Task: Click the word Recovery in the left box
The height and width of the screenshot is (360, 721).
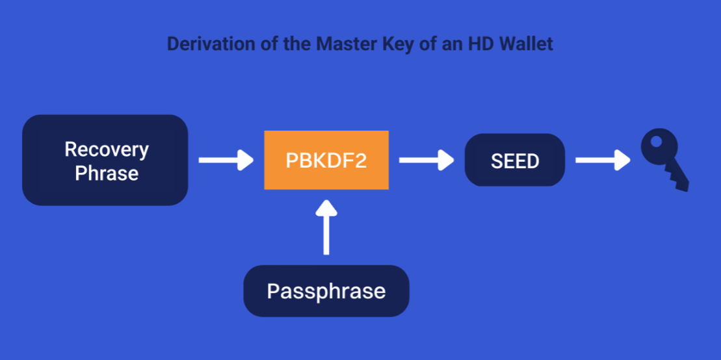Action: (x=107, y=150)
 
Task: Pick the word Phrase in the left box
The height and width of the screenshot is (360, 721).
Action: (x=107, y=174)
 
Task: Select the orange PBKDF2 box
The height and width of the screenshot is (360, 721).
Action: (x=326, y=160)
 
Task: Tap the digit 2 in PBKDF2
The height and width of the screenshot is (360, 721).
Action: (x=361, y=161)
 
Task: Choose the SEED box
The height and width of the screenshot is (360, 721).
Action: (x=514, y=160)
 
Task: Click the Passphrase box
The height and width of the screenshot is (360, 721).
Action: (x=326, y=291)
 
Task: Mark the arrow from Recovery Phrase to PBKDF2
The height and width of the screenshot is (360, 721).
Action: (x=226, y=160)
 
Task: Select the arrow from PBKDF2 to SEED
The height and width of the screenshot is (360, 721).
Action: (x=426, y=160)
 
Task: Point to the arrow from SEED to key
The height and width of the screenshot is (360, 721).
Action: (x=603, y=160)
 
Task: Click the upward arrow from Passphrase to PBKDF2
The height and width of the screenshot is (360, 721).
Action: (x=326, y=227)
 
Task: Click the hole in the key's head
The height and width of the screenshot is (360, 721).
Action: (x=657, y=141)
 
